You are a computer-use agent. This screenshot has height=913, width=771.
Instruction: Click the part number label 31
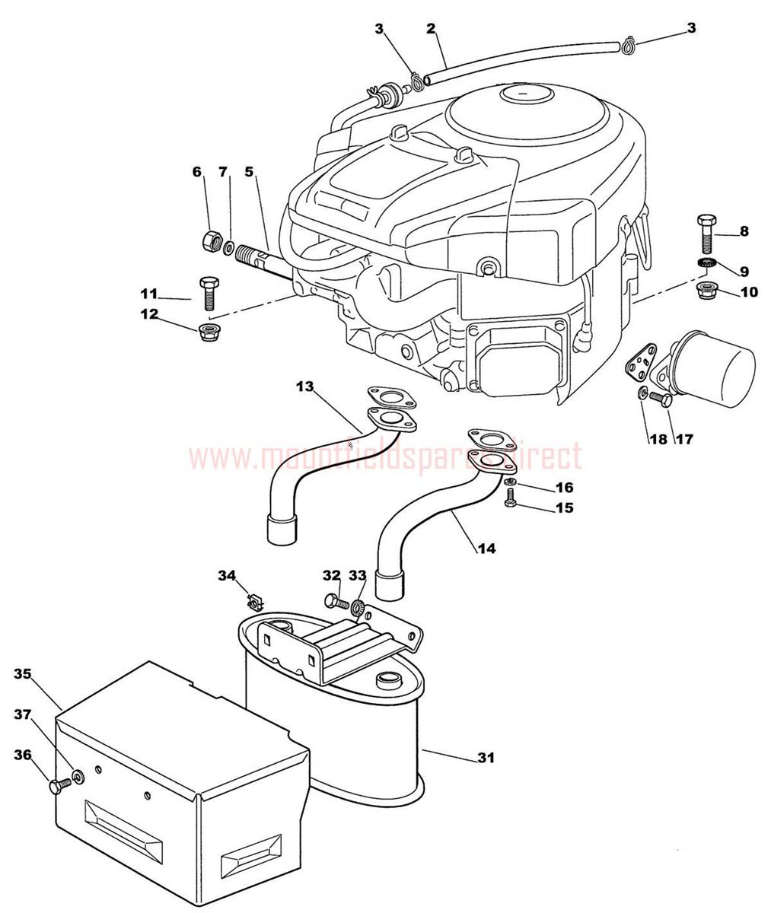click(x=486, y=757)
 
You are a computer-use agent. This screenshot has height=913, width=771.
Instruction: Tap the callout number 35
click(x=23, y=673)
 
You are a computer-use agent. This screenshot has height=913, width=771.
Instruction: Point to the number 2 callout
click(x=431, y=29)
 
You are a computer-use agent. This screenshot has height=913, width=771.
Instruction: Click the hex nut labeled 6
click(x=208, y=243)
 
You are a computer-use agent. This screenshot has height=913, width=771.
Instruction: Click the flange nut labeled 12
click(x=205, y=330)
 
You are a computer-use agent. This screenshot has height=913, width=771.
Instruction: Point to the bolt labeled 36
click(x=57, y=786)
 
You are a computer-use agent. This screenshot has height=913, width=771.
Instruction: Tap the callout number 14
click(x=486, y=547)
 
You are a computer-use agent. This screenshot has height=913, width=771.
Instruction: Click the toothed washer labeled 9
click(x=707, y=263)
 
